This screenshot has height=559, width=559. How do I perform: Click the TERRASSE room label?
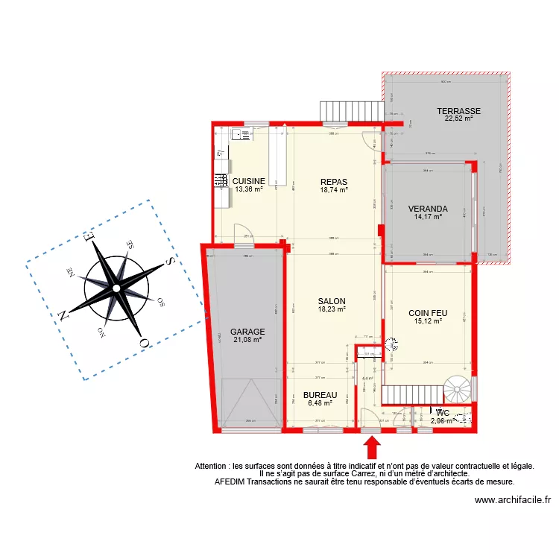click(x=458, y=111)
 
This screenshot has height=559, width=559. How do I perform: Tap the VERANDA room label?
click(x=428, y=209)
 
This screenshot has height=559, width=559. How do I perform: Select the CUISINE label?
click(x=248, y=181)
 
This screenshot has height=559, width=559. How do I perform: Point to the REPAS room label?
click(x=334, y=181)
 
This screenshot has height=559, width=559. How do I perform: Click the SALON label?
click(x=332, y=301)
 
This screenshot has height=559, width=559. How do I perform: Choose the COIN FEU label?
click(x=428, y=314)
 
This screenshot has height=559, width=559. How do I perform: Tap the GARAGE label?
click(x=247, y=332)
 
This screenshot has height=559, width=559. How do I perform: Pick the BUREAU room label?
click(x=320, y=395)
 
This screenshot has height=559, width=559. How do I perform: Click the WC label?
click(x=442, y=412)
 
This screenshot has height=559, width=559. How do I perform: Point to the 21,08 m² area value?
click(x=247, y=340)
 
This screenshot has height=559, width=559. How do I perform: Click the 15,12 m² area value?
click(x=428, y=322)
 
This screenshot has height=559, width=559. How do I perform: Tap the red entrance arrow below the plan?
click(x=371, y=446)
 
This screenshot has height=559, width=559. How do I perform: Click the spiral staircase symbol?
click(x=456, y=389)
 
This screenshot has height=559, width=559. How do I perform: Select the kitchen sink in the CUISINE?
click(x=242, y=135)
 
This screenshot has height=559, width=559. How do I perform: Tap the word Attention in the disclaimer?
click(x=212, y=466)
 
